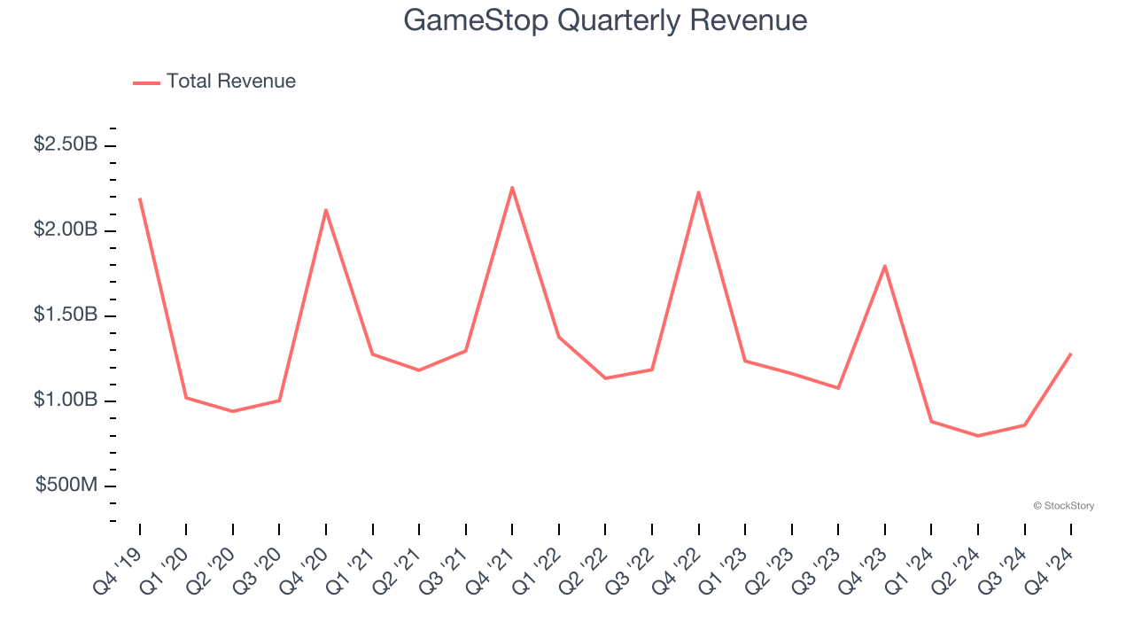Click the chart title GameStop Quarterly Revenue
click(x=605, y=20)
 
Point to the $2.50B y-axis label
click(x=66, y=144)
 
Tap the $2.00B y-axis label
click(x=66, y=230)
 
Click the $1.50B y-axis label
click(x=66, y=315)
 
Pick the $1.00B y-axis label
click(x=66, y=400)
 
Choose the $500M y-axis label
click(x=66, y=486)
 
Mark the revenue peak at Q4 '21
click(x=512, y=187)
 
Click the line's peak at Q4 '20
click(x=326, y=210)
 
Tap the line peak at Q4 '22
click(x=698, y=192)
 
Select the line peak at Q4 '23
click(x=884, y=266)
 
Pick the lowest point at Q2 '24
click(x=978, y=436)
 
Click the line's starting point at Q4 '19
click(x=140, y=198)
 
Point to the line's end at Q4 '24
click(x=1071, y=354)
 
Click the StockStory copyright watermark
click(x=1063, y=506)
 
